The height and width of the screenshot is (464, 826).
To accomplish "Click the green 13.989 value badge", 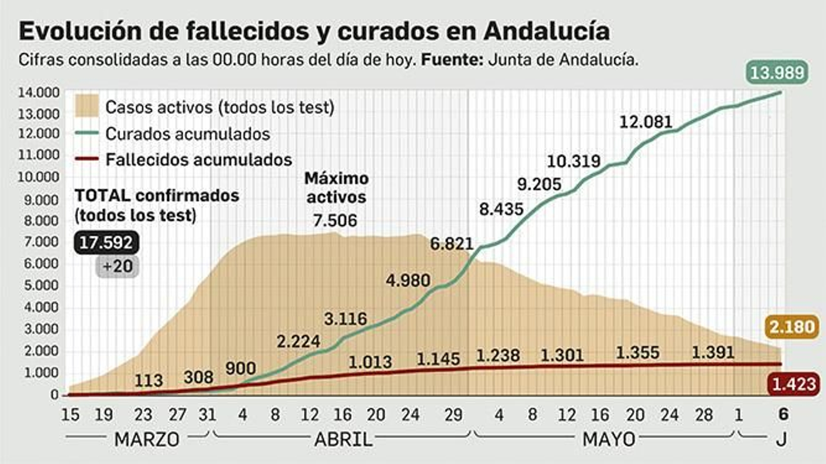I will (777, 72).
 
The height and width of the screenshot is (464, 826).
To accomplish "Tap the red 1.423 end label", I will (793, 384).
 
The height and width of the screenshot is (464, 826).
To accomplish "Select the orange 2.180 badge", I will (792, 327).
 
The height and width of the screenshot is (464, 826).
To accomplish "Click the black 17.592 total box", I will (106, 242).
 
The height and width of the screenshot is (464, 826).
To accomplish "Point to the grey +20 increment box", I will (118, 266).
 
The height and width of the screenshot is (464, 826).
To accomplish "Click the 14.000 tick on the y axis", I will (39, 93).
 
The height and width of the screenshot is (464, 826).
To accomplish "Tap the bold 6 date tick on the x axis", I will (783, 415).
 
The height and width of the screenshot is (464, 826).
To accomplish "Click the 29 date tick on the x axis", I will (453, 415).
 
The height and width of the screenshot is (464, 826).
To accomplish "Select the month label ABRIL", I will (343, 440).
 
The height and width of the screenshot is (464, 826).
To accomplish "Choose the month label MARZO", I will (147, 440).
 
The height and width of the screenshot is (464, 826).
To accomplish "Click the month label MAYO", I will (609, 440).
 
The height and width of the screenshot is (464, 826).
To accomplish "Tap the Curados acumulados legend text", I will (187, 134).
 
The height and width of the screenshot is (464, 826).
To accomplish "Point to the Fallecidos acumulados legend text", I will (199, 160).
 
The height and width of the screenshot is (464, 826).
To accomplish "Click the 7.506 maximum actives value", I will (335, 221).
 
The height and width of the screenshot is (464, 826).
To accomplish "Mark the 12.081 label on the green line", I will (645, 122).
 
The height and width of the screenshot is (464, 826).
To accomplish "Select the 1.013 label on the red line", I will (370, 362).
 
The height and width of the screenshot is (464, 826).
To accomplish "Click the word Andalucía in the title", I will (547, 31).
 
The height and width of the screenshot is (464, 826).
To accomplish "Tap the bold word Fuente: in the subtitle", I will (452, 60).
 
